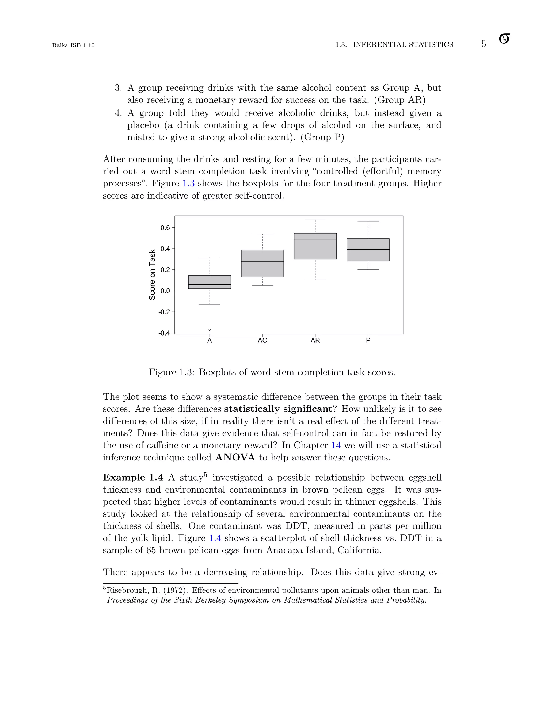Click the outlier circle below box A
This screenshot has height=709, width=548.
point(210,330)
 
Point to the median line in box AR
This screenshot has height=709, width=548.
point(315,239)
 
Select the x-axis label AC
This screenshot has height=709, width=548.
point(262,341)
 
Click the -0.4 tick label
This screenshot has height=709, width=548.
point(164,333)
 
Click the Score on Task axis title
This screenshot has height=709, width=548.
point(152,275)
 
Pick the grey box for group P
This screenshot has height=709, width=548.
point(368,250)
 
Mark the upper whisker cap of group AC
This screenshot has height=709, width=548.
point(262,234)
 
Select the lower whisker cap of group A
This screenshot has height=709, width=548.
point(210,304)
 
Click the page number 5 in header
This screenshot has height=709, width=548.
point(484,44)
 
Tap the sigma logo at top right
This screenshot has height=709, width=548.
point(504,39)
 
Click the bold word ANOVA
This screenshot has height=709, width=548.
point(235,458)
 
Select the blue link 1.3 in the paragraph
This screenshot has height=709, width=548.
point(188,184)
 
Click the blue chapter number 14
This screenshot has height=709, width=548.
point(336,445)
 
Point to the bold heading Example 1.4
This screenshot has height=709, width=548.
point(133,478)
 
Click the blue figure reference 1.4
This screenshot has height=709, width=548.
point(215,538)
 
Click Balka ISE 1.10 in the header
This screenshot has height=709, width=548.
point(73,45)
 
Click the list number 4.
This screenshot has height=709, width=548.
point(118,113)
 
